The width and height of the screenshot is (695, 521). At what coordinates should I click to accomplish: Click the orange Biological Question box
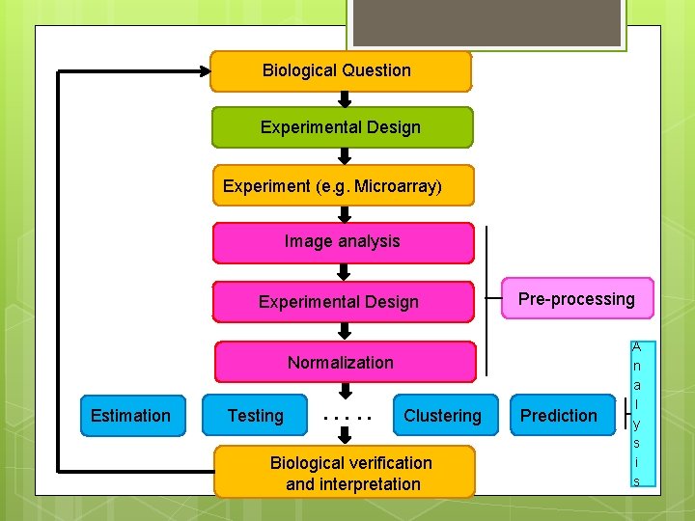click(340, 71)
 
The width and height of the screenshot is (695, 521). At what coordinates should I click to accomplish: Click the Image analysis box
click(343, 242)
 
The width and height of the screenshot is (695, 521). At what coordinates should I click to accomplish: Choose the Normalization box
click(344, 363)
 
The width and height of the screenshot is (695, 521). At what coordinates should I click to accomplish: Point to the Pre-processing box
click(576, 299)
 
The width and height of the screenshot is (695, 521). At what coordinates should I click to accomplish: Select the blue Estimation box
click(131, 416)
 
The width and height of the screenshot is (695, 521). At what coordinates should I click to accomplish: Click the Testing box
click(255, 416)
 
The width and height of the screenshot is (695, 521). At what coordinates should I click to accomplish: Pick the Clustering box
click(443, 416)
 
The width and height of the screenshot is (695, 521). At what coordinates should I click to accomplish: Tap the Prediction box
click(559, 416)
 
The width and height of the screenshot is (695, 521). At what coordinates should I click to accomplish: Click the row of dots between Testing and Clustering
click(347, 419)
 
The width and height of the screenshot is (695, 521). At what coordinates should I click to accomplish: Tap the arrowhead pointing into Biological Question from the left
click(204, 69)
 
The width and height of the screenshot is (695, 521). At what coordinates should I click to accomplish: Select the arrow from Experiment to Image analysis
click(344, 214)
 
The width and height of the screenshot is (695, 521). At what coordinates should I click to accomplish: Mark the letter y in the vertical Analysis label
click(636, 423)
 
